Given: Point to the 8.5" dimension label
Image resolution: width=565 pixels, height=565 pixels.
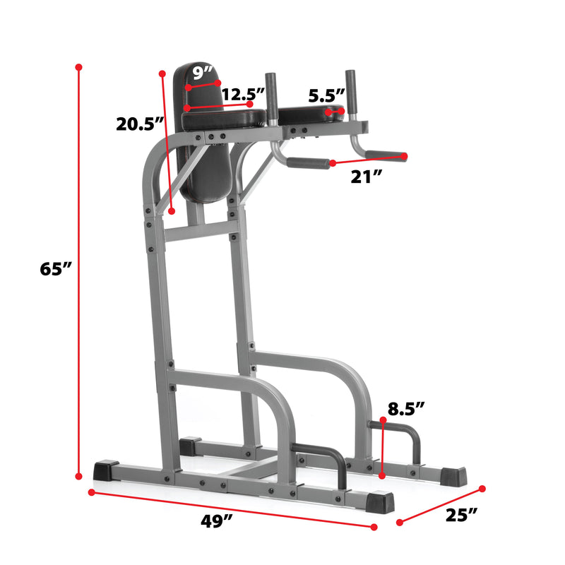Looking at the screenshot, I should pos(406,408).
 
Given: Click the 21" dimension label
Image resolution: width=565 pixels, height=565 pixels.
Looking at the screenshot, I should pos(367,177).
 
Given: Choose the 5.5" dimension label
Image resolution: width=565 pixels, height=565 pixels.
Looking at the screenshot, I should pos(326,95).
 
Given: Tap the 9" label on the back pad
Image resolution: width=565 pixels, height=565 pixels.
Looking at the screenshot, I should pos(203,73).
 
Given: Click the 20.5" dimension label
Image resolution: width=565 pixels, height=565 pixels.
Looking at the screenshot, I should pos(140,124).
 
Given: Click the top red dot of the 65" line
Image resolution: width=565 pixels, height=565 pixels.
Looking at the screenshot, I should pos(78,67).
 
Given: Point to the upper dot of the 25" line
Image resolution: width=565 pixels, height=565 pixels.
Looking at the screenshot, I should pos(483,488).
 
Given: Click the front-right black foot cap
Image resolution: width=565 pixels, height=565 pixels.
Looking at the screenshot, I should pos(379,502).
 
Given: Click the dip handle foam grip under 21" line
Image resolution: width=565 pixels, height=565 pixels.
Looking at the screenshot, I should pos(308,162).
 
